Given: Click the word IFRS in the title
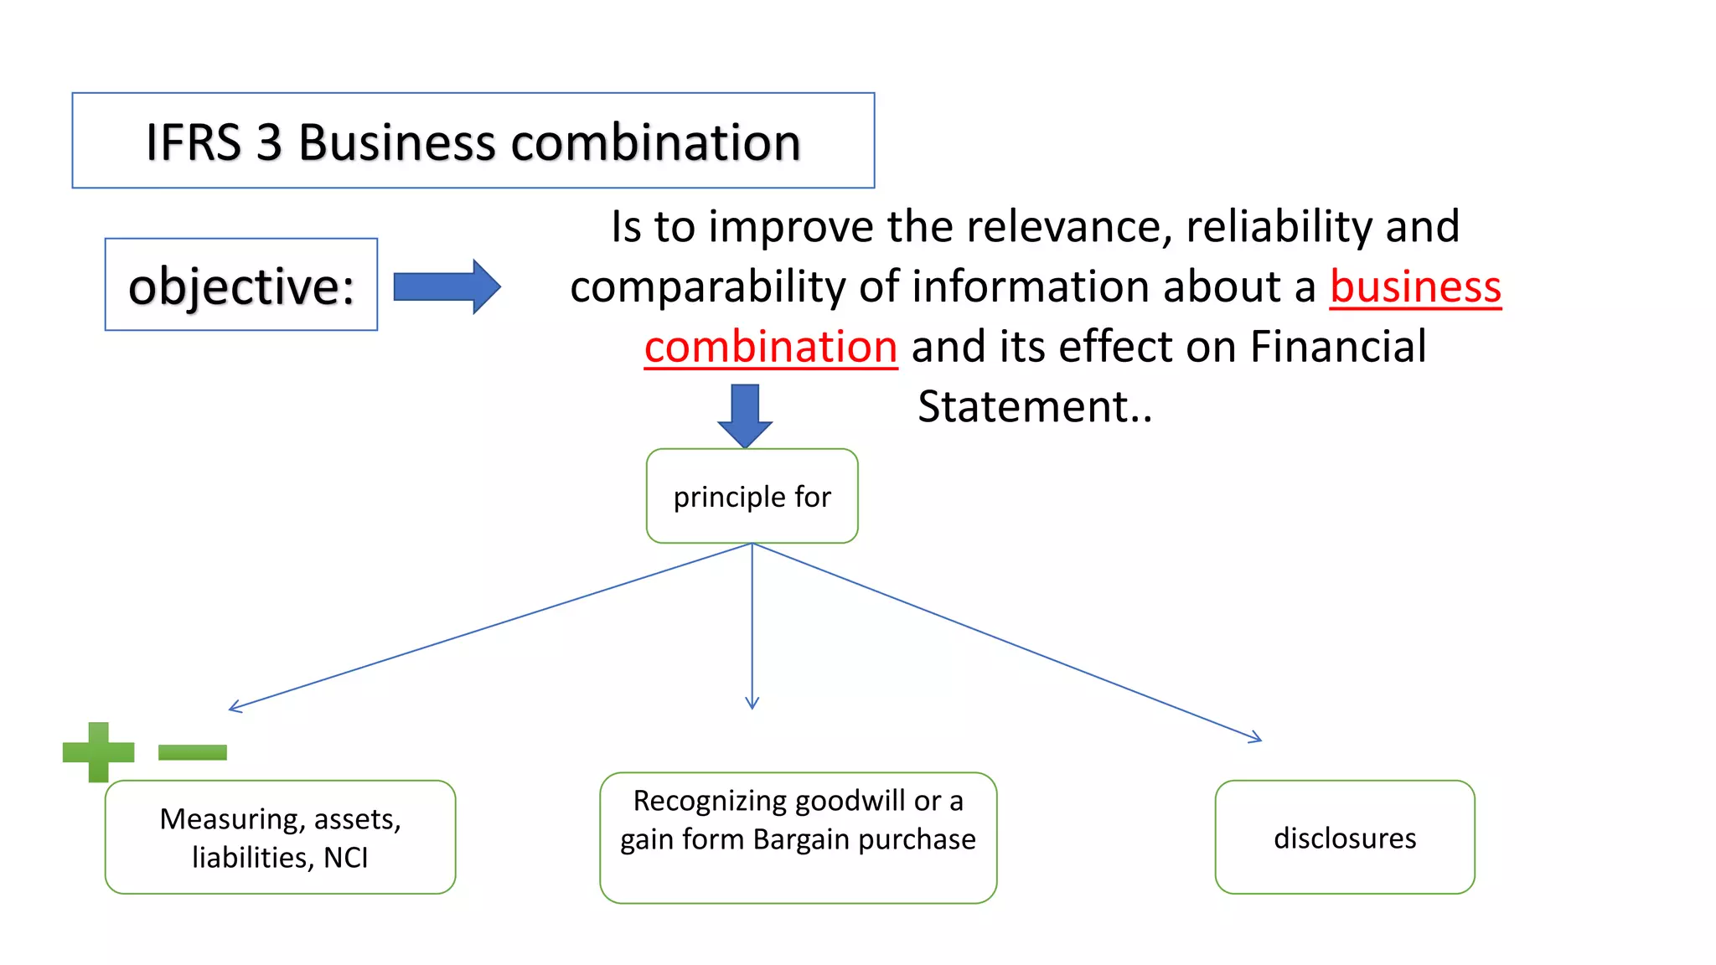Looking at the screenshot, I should pos(194,142).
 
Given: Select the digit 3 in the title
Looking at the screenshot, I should pos(269,142).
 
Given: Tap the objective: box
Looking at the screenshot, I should pos(241,285).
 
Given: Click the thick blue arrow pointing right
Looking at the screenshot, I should pos(447,286).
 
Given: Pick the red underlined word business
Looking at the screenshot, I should pos(1415,286).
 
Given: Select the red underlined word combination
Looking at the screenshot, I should pos(771,347).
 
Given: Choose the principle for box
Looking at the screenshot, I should pos(752,496).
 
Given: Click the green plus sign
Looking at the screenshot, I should pos(99,751).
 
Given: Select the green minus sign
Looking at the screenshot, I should pos(193,752).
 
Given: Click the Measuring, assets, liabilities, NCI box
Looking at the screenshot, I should pos(280,837).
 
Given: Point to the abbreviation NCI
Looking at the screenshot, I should pos(345,858).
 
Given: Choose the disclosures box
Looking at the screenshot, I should pos(1345,837).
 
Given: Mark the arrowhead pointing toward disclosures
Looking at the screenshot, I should pos(1257,738).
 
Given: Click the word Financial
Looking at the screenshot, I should pos(1338,347).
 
